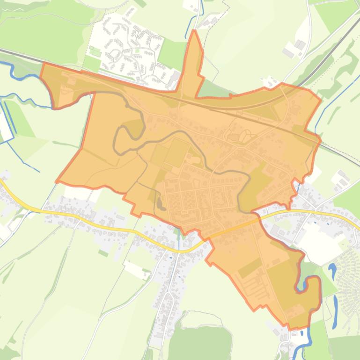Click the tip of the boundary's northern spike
point(194,31)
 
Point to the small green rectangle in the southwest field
point(103,253)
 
